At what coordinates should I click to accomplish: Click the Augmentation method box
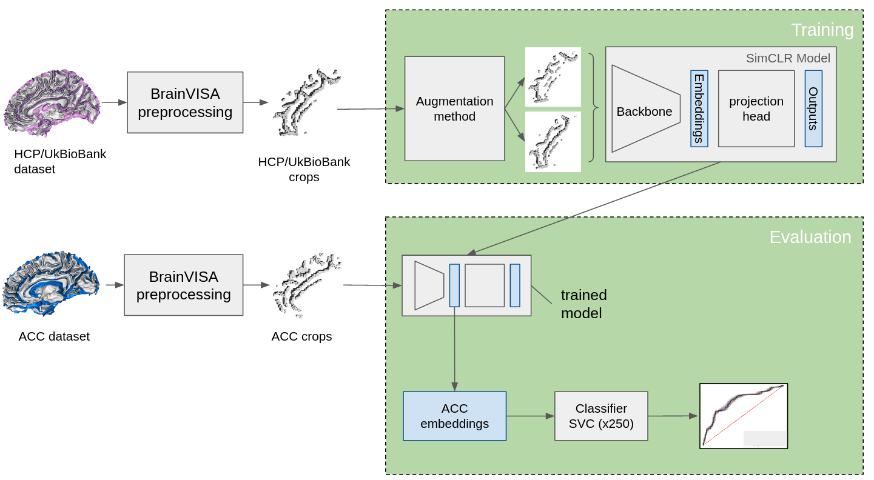click(454, 108)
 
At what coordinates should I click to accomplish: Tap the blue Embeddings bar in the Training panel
click(699, 108)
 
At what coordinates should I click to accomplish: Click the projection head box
click(756, 108)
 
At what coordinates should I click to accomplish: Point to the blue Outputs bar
click(813, 108)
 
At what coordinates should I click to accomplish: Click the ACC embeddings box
click(454, 416)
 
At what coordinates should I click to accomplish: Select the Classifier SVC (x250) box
click(600, 416)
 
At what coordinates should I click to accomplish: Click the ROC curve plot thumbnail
click(743, 416)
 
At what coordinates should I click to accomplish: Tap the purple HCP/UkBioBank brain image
click(52, 103)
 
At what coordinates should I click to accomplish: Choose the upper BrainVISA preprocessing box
click(185, 102)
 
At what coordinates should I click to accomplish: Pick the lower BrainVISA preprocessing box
click(183, 285)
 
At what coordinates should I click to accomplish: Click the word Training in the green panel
click(822, 30)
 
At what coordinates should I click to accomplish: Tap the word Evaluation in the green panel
click(810, 237)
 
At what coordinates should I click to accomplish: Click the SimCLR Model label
click(787, 58)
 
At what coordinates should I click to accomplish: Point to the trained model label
click(583, 304)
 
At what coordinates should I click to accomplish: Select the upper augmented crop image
click(553, 77)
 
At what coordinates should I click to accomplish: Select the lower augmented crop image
click(553, 142)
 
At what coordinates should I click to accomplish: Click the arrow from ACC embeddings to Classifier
click(530, 416)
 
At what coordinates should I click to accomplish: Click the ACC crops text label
click(301, 336)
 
